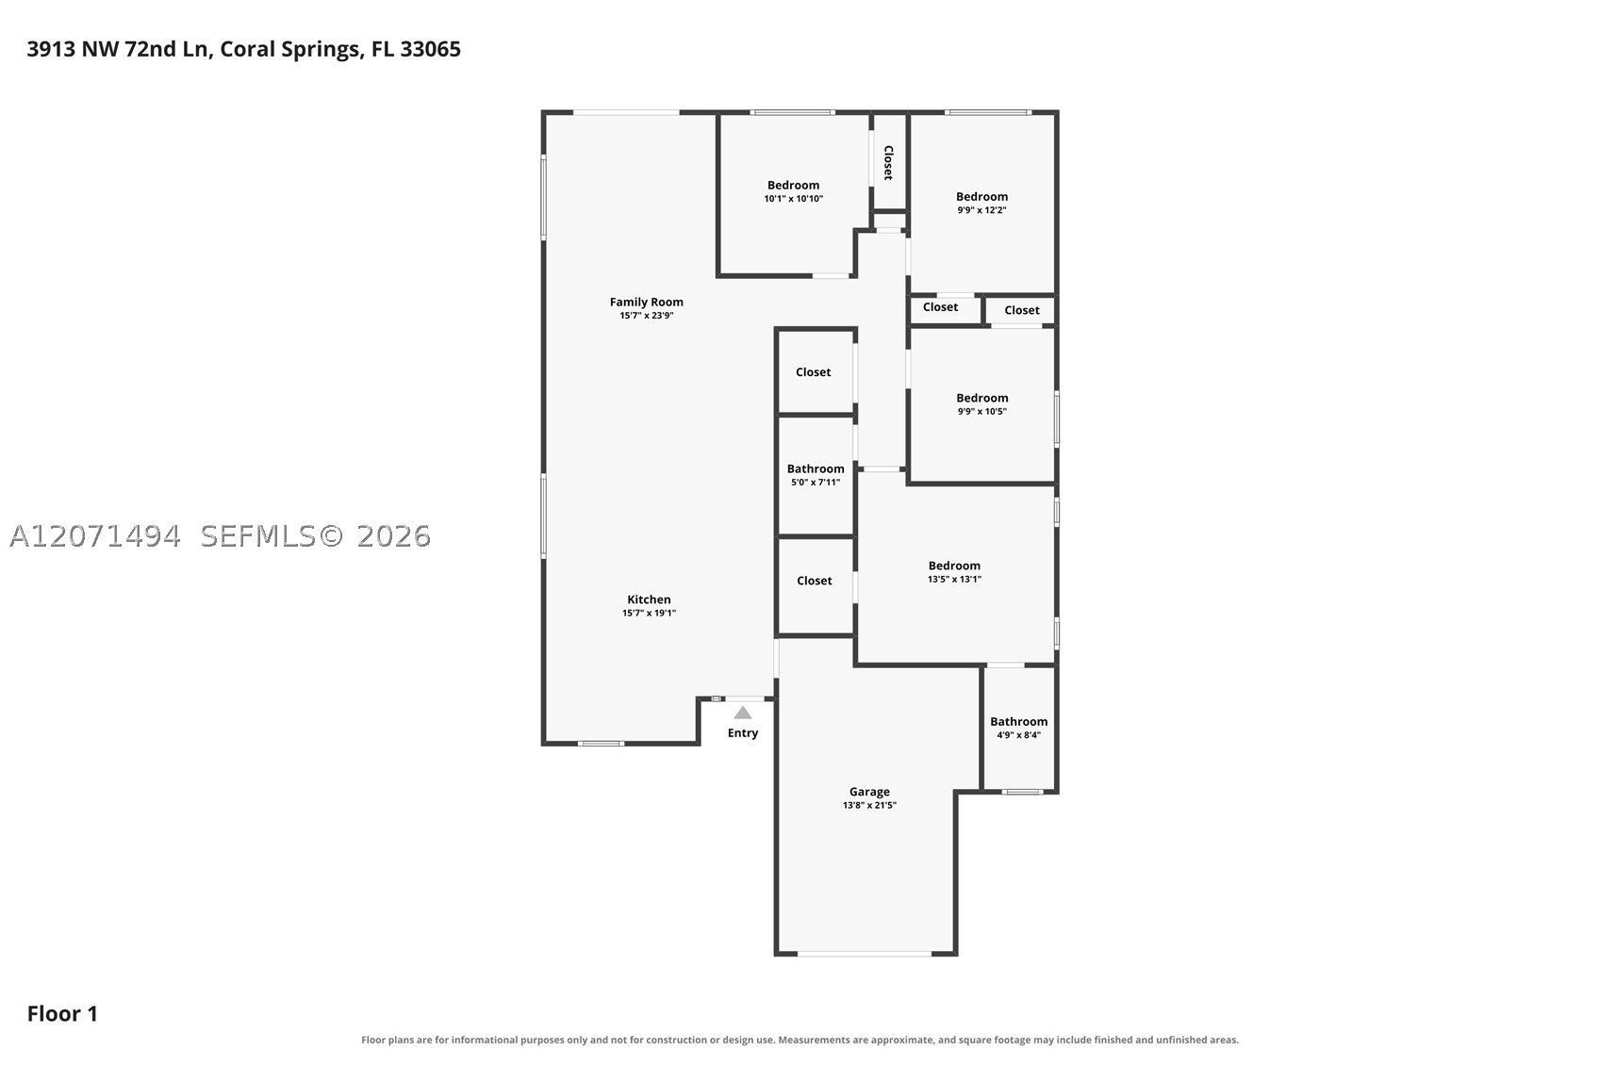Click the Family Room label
pyautogui.click(x=647, y=302)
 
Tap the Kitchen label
pyautogui.click(x=649, y=599)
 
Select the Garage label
pyautogui.click(x=869, y=792)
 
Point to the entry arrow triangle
pyautogui.click(x=743, y=713)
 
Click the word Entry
pyautogui.click(x=743, y=733)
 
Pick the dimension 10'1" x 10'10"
pyautogui.click(x=794, y=199)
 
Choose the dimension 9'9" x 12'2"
pyautogui.click(x=982, y=210)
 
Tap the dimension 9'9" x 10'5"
pyautogui.click(x=982, y=412)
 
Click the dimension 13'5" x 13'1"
pyautogui.click(x=954, y=580)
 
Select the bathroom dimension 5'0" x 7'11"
pyautogui.click(x=816, y=483)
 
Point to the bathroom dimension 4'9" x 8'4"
pyautogui.click(x=1018, y=735)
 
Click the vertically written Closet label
pyautogui.click(x=888, y=163)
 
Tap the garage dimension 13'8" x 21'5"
pyautogui.click(x=869, y=805)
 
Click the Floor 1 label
pyautogui.click(x=62, y=1014)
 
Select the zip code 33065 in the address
pyautogui.click(x=430, y=49)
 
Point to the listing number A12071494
pyautogui.click(x=95, y=536)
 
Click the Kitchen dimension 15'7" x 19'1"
pyautogui.click(x=649, y=614)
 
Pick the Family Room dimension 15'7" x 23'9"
pyautogui.click(x=647, y=316)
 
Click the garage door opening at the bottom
pyautogui.click(x=865, y=953)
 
